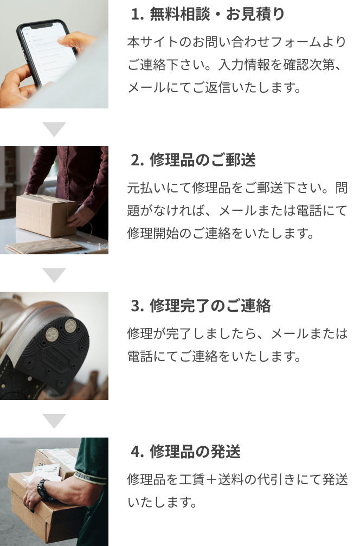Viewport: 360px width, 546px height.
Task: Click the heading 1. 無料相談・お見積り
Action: click(208, 14)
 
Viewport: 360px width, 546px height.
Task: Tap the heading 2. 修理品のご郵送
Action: click(193, 160)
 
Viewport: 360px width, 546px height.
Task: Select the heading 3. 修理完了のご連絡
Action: click(201, 306)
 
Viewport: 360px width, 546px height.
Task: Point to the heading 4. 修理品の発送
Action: click(185, 452)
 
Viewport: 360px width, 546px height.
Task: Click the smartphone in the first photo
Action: click(47, 52)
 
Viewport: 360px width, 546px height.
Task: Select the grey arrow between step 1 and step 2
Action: click(54, 129)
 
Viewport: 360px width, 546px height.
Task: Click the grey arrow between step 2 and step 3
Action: click(54, 274)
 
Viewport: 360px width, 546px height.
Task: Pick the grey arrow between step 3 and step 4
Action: click(54, 420)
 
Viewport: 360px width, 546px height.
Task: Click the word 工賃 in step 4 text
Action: click(191, 480)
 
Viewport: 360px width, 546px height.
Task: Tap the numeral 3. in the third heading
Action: click(137, 306)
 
